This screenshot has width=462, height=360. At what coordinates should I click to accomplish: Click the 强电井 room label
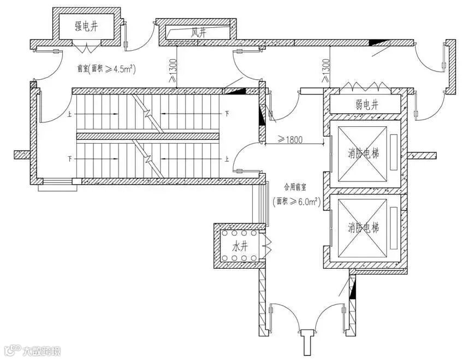point(87,25)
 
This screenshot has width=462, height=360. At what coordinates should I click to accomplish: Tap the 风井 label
point(198,32)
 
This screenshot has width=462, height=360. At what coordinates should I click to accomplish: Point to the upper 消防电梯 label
point(364,154)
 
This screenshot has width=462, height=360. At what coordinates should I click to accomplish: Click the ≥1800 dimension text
point(291,140)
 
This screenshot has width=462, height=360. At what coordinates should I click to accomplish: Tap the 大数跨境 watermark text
point(41,350)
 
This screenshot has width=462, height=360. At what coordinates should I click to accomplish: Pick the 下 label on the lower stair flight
point(69,159)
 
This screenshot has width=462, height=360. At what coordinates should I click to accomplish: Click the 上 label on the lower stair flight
point(227,159)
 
